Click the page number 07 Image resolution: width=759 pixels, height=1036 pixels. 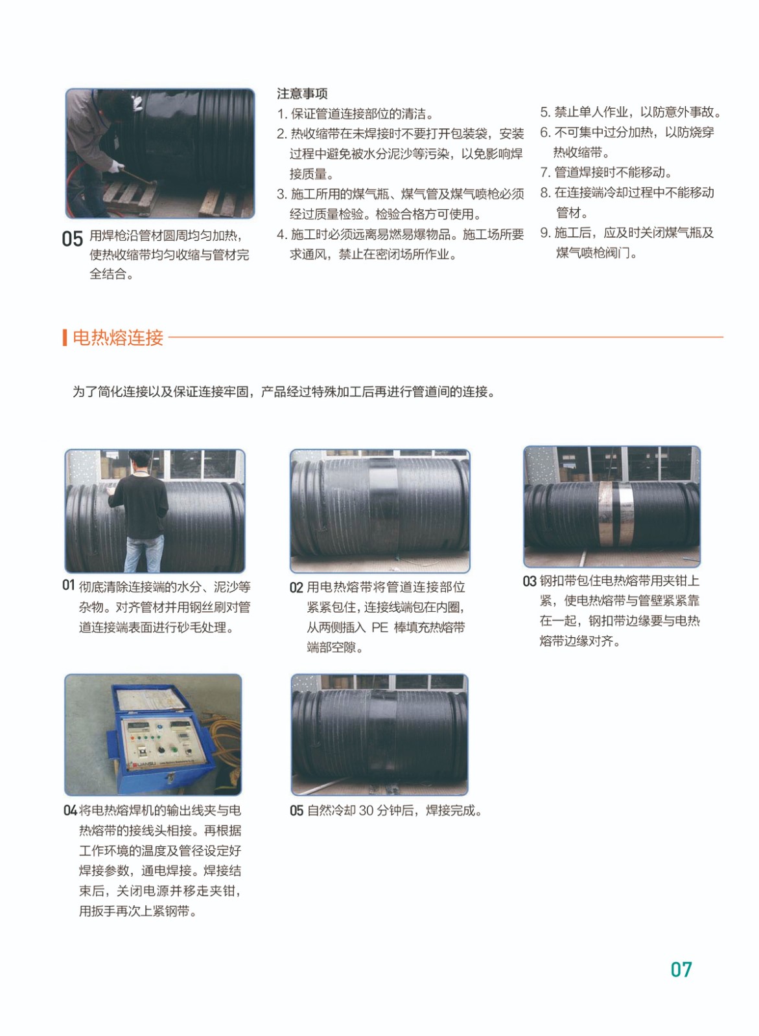coord(681,969)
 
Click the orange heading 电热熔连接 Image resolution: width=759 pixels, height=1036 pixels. coord(118,337)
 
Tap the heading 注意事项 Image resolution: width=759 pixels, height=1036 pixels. coord(302,94)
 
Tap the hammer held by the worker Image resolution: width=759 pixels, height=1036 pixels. coord(137,177)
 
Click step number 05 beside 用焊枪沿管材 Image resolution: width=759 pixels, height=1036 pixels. coord(72,239)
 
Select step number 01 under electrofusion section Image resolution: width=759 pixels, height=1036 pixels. coord(68,585)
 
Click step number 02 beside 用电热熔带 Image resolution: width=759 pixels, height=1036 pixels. coord(296,587)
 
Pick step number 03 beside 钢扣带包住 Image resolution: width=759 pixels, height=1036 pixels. coord(530,581)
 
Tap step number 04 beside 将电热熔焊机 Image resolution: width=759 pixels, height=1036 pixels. coord(70,811)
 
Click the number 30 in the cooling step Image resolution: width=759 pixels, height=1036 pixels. coord(366,811)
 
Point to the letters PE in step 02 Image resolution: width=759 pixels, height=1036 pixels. coord(380,627)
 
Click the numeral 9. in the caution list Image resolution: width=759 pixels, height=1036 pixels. coord(545,232)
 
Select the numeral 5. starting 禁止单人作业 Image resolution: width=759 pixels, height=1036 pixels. coord(545,112)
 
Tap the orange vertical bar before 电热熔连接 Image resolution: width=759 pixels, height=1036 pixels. coord(65,337)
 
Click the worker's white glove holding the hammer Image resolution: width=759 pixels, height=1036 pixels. coord(116,166)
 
